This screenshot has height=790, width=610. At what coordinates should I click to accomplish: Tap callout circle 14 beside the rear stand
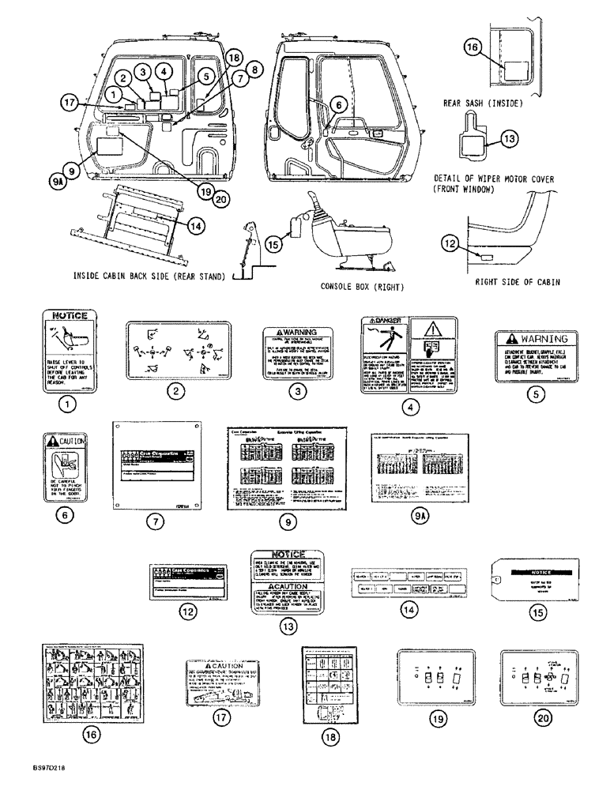point(196,224)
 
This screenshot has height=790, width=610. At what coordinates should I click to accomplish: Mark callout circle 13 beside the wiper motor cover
point(509,139)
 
